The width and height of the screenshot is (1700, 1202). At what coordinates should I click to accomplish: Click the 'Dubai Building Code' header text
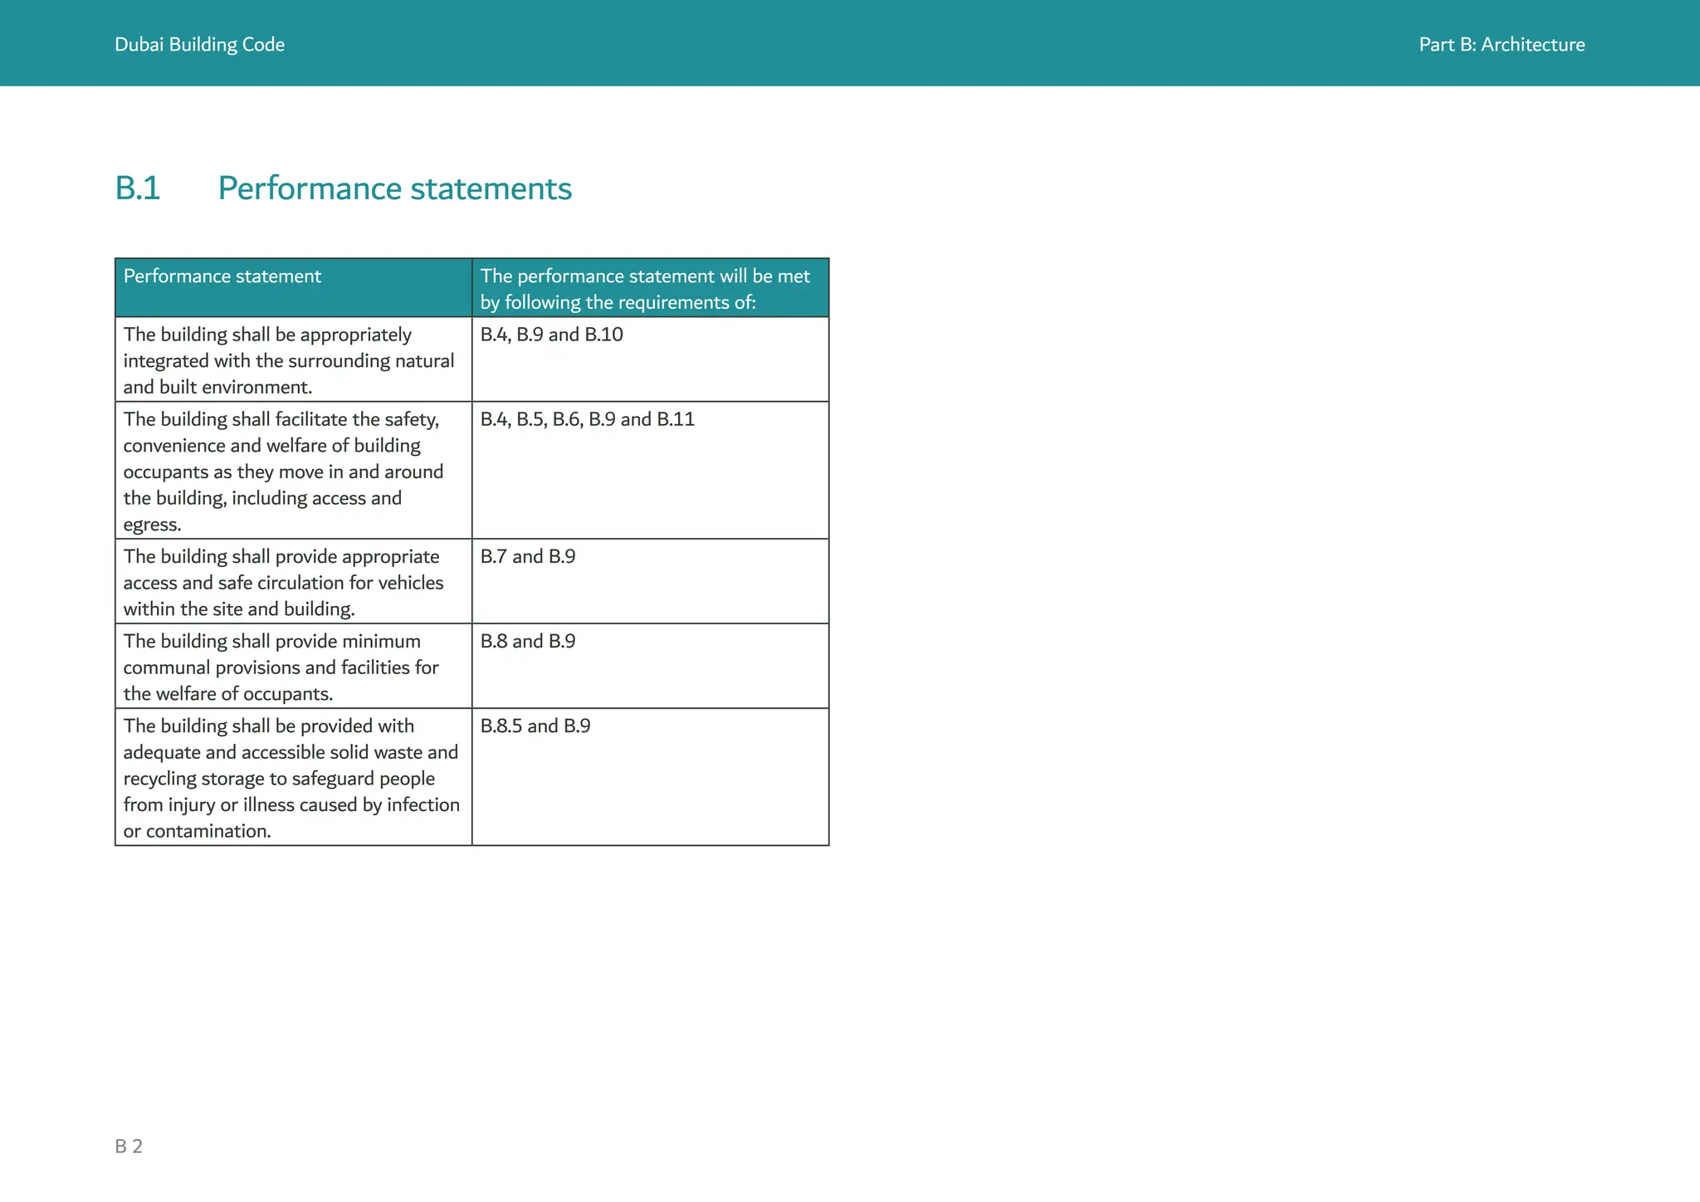(199, 45)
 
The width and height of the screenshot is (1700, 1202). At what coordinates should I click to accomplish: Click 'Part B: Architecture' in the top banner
(1501, 45)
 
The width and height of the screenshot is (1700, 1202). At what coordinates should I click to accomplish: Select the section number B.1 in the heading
(138, 188)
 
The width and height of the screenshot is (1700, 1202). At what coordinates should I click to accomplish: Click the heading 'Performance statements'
(394, 188)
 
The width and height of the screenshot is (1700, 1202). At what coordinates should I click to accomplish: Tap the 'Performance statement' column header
(222, 276)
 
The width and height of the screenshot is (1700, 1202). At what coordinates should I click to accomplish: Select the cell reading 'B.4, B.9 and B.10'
(551, 335)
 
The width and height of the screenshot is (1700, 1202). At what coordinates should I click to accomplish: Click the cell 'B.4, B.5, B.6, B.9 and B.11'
(587, 419)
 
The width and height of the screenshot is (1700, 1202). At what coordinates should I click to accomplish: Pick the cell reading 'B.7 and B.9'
(527, 556)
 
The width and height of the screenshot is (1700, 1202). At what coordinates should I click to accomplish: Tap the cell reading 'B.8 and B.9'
(527, 641)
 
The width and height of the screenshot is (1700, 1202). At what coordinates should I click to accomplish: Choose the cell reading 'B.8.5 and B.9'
(535, 726)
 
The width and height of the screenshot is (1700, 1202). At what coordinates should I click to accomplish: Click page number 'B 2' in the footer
(129, 1146)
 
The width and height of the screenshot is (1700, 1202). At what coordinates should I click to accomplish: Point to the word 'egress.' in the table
(152, 525)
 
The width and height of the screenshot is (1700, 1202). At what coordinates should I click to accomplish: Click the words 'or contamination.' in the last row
(197, 831)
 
